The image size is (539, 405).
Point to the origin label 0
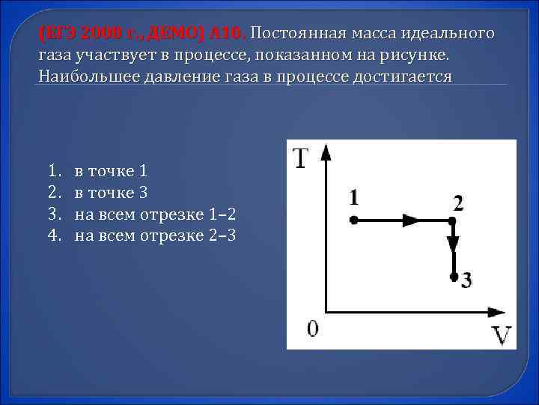[x=313, y=328]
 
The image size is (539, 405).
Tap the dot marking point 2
[x=452, y=220]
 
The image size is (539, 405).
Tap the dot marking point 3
[x=454, y=276]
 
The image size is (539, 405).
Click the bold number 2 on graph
[x=458, y=202]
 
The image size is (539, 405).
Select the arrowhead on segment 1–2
[x=410, y=220]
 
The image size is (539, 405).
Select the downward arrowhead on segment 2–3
[x=453, y=245]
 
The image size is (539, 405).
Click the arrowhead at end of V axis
[x=496, y=310]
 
